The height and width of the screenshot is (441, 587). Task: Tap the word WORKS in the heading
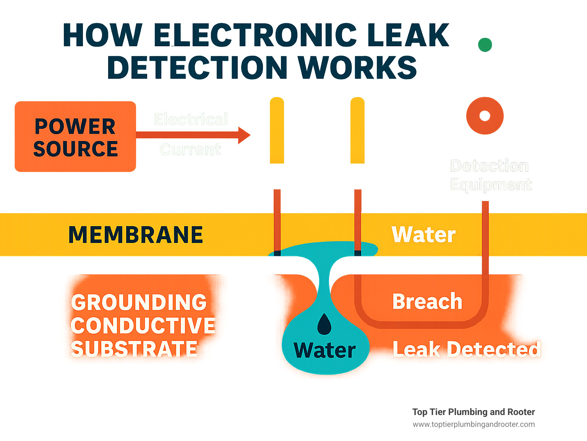coord(357,68)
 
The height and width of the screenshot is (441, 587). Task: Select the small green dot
coord(485,45)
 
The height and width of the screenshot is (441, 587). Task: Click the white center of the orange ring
coord(485,115)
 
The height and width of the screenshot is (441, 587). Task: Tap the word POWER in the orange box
coord(75,126)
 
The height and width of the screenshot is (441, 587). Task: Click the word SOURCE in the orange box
coord(75,149)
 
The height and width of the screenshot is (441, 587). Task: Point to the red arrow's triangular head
coord(244,135)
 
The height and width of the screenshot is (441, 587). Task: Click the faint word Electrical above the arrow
coord(191,119)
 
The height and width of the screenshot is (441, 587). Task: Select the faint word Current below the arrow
coord(190,149)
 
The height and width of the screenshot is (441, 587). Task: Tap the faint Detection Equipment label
coord(490,175)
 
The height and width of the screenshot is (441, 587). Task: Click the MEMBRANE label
coord(136,235)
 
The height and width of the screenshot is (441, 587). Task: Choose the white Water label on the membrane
coord(423,234)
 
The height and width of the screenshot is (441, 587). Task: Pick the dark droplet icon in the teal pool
coord(324,324)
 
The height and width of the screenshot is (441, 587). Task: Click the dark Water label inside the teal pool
coord(324,350)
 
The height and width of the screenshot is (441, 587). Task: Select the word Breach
coord(427,301)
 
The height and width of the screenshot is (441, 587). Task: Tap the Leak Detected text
coord(467,349)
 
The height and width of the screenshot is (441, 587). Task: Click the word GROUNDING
coord(139,302)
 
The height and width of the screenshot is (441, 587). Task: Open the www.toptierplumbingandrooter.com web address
coord(473,424)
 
